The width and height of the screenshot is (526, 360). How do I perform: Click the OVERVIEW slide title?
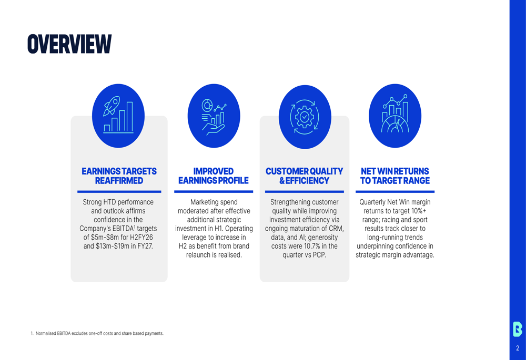(69, 44)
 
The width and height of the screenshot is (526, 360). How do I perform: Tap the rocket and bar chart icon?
(118, 116)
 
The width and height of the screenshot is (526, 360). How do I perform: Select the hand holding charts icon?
(214, 116)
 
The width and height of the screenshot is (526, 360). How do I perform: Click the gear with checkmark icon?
(305, 116)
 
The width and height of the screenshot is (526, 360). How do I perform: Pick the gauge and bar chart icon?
(395, 116)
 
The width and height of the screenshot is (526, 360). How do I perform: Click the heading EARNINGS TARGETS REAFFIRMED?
(119, 176)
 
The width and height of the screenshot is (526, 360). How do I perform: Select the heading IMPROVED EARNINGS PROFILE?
(214, 176)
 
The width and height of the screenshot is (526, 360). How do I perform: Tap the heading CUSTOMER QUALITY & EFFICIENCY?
(304, 176)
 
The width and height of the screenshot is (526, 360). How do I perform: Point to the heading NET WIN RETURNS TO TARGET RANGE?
(395, 176)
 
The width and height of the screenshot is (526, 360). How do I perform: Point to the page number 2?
(518, 348)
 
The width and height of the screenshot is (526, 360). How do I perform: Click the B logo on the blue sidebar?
(518, 328)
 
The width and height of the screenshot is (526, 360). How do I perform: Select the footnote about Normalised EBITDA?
(97, 333)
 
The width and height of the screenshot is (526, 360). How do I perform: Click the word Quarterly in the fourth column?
(375, 202)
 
